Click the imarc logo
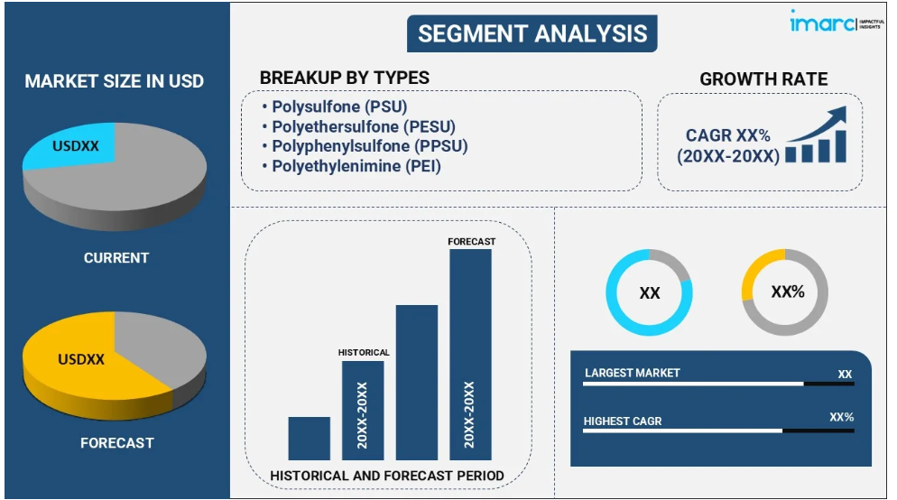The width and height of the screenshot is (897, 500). point(837,22)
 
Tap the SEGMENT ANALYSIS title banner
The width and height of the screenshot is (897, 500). point(532,33)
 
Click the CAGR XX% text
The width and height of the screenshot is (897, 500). point(727,135)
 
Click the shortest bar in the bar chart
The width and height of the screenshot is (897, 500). point(309,439)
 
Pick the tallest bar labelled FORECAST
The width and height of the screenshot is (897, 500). point(470,355)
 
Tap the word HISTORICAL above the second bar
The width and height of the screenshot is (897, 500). point(364,352)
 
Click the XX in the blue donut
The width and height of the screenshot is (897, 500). point(650,293)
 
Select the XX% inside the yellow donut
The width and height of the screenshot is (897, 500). point(788,292)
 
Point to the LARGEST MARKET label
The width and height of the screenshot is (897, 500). point(632,373)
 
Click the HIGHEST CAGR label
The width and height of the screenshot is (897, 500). point(623,421)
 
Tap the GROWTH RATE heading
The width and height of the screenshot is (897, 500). point(763,79)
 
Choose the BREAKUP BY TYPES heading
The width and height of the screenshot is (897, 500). point(345,78)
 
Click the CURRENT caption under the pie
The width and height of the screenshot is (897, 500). point(116,258)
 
